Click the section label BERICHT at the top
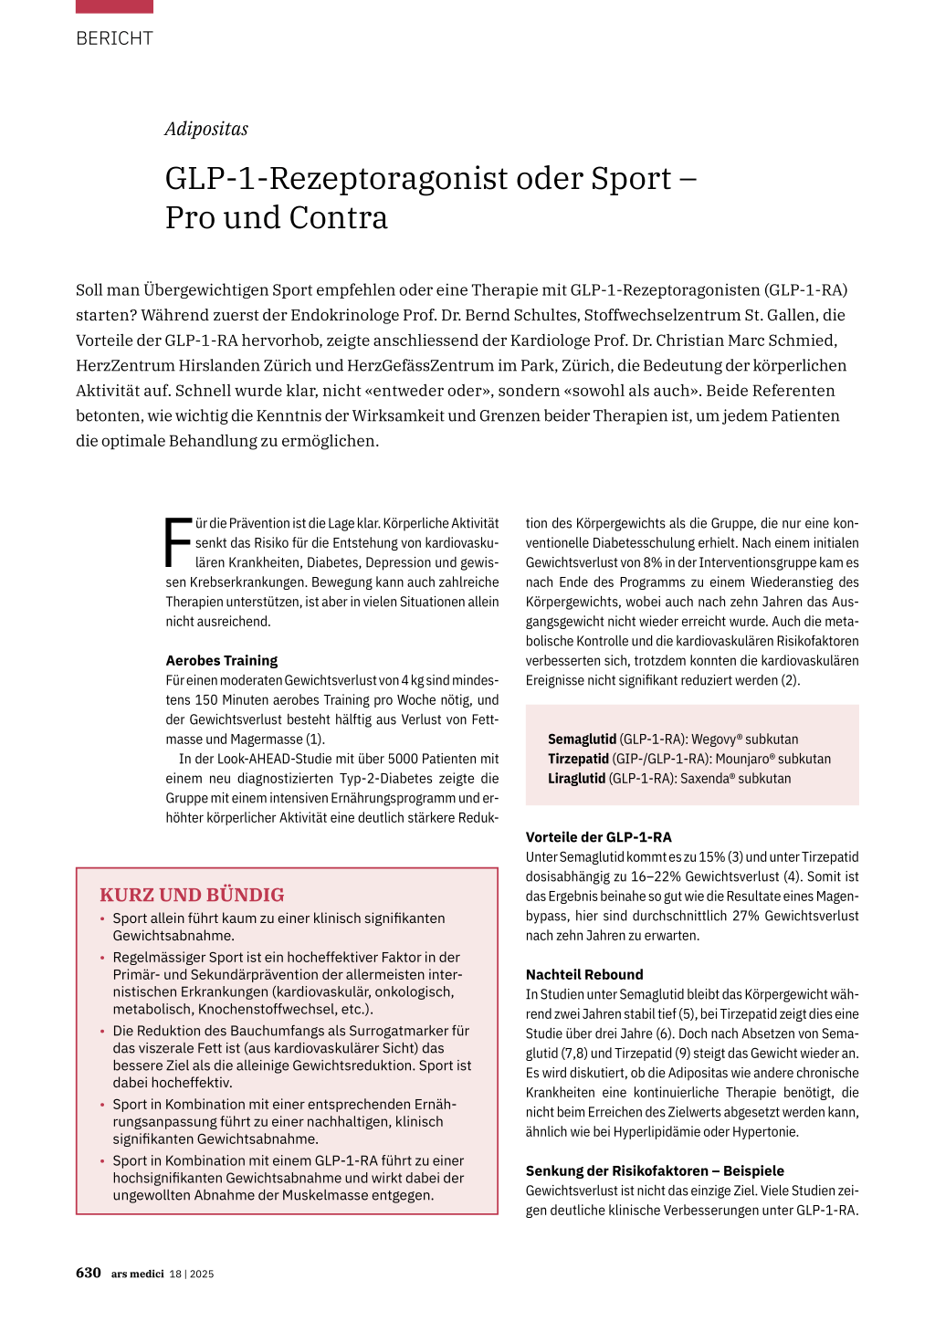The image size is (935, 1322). [114, 38]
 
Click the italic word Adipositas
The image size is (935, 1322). [206, 129]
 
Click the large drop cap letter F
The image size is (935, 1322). [178, 542]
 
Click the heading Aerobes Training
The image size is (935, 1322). [221, 660]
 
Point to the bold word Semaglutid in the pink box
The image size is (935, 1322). [582, 740]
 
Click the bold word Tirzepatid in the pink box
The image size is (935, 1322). [578, 759]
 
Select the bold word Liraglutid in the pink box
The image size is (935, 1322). [576, 779]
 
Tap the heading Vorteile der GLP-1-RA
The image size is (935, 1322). [598, 837]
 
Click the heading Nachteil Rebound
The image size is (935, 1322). [584, 974]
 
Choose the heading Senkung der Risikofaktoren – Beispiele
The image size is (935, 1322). [655, 1170]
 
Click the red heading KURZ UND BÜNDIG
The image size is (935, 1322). [192, 895]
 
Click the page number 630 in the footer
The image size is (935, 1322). [89, 1273]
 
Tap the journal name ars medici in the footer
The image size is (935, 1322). [137, 1274]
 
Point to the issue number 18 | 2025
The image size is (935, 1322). [192, 1274]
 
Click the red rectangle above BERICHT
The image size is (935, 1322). [114, 6]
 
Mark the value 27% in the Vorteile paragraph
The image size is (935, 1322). [744, 916]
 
